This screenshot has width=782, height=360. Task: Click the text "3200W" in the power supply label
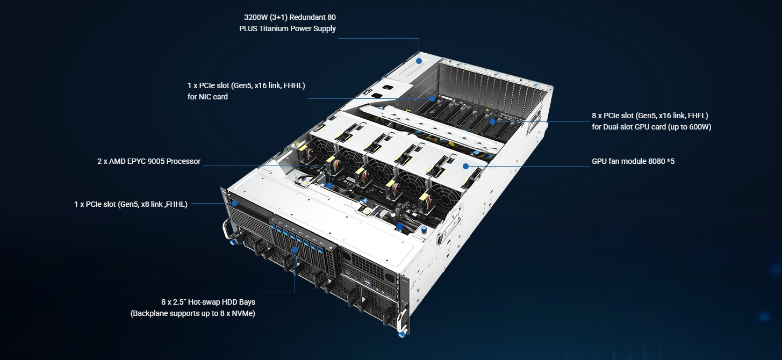coord(255,17)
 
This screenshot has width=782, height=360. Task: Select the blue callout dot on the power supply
coord(419,61)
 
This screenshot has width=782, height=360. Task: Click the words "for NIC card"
coord(207,97)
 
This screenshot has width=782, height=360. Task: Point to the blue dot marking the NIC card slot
coord(432,98)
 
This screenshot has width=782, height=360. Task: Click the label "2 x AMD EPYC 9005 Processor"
coord(149,161)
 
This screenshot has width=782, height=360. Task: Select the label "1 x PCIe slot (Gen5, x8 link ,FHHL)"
coord(131,204)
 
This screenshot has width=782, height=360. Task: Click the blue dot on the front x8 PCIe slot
coord(234,203)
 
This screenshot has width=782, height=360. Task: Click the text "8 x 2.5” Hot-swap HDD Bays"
coord(208,302)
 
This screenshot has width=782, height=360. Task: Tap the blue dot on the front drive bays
coord(295,249)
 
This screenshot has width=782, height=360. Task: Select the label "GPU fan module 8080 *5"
coord(633,161)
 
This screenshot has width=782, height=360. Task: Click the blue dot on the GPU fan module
coord(465,166)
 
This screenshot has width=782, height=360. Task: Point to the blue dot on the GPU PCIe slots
coord(492,121)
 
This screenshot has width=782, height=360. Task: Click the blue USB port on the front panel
coord(368,282)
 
